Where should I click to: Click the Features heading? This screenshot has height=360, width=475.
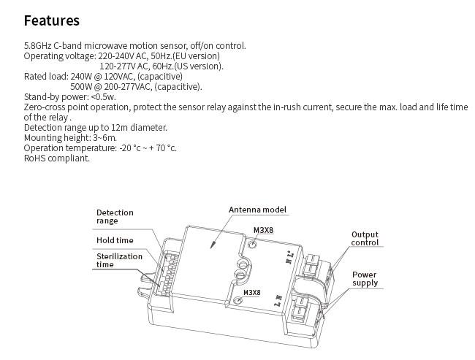click(x=51, y=20)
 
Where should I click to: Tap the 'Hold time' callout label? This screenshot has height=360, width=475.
click(x=115, y=240)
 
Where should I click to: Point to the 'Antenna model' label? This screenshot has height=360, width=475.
click(x=257, y=210)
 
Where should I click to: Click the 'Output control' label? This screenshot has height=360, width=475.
click(x=365, y=239)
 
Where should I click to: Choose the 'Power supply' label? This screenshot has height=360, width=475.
click(x=365, y=279)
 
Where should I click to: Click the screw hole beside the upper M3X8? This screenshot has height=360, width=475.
click(x=252, y=244)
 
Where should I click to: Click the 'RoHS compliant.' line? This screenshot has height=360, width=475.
click(x=57, y=158)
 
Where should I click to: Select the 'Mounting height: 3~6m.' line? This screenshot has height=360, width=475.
click(x=70, y=137)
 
